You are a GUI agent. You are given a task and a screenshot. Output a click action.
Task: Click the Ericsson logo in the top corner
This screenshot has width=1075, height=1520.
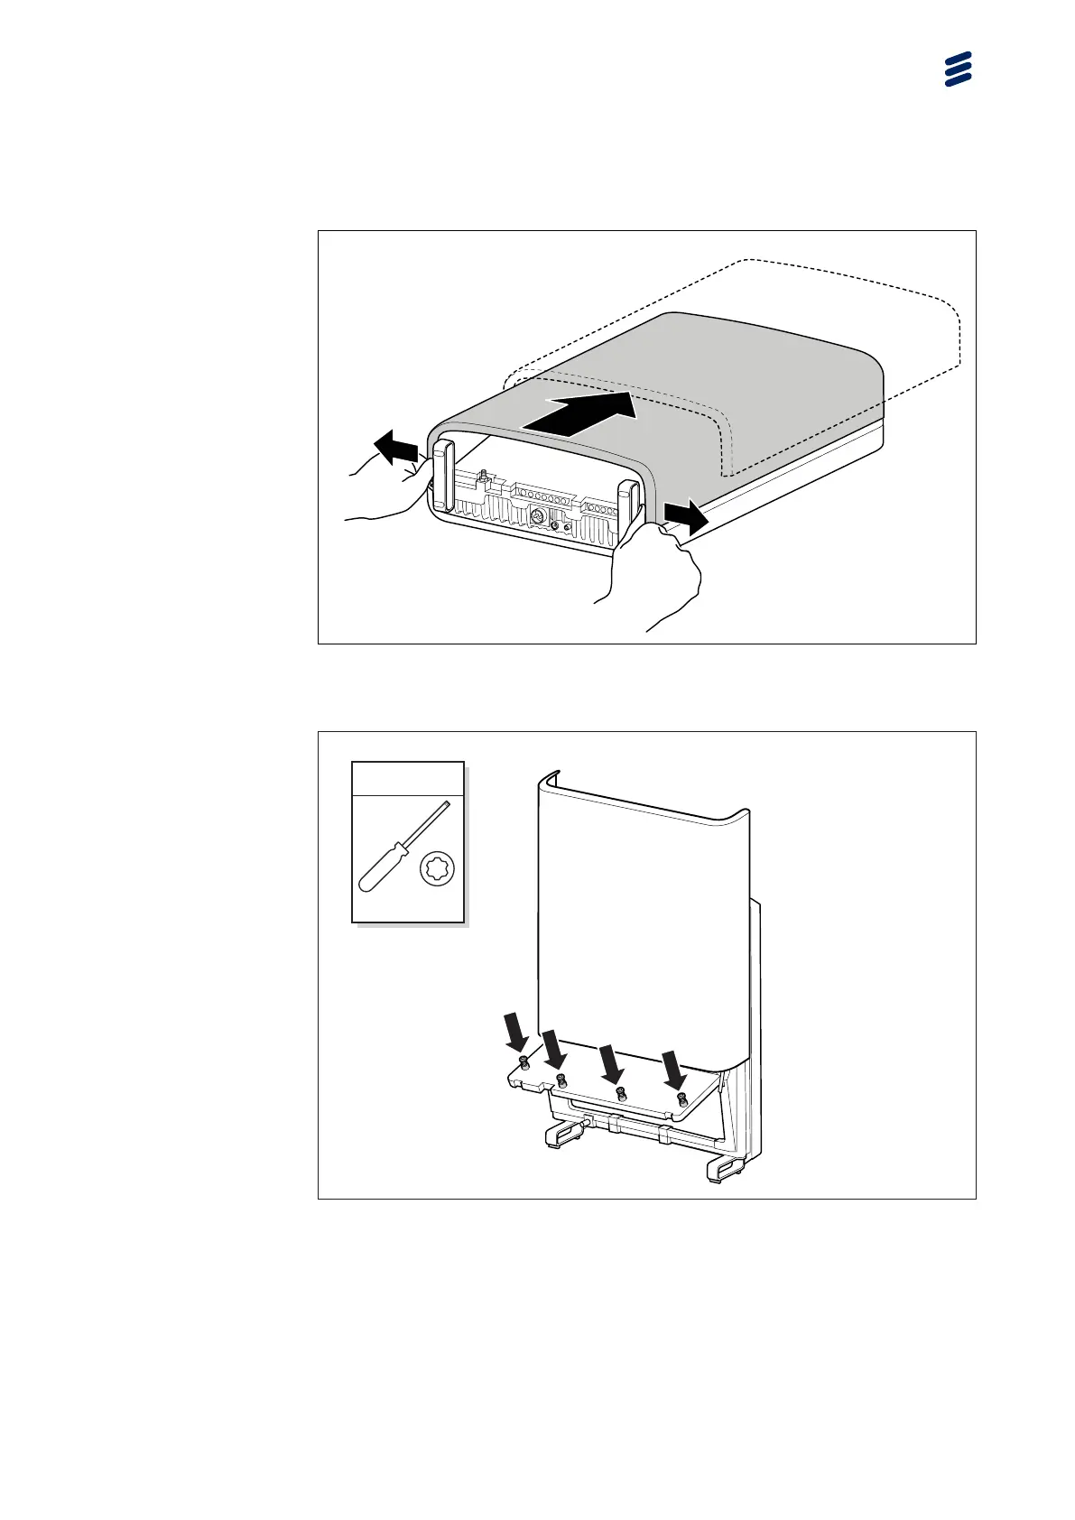coord(958,69)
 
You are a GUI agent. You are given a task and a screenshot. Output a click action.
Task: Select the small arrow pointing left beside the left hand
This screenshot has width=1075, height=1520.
coord(395,447)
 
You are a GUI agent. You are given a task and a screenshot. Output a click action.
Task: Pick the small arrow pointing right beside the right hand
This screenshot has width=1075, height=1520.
coord(685,519)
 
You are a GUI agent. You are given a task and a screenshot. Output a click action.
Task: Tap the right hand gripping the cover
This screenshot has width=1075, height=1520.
coord(654,578)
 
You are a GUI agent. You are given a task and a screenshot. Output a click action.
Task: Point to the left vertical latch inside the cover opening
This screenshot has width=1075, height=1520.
coord(442,477)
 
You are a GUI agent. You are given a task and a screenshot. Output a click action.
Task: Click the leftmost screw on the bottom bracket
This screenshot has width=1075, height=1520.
coord(524,1062)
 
